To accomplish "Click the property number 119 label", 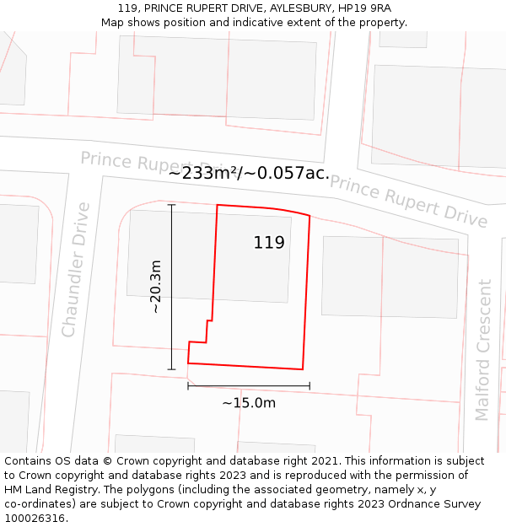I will tap(269, 243).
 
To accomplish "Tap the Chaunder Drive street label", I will tap(75, 269).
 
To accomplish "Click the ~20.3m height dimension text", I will tap(156, 287).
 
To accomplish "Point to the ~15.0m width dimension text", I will tap(249, 403).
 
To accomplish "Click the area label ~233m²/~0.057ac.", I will tap(249, 174).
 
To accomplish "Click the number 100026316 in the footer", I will tap(35, 518).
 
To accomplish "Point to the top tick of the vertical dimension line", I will tap(171, 205).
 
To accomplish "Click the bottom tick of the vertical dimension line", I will tap(171, 369).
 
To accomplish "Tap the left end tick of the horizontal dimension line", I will tap(188, 386).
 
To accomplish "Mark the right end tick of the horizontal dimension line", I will tap(310, 386).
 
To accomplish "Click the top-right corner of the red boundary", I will tap(310, 216).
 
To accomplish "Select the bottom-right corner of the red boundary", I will tap(303, 369).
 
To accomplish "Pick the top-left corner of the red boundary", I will tap(218, 205).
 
